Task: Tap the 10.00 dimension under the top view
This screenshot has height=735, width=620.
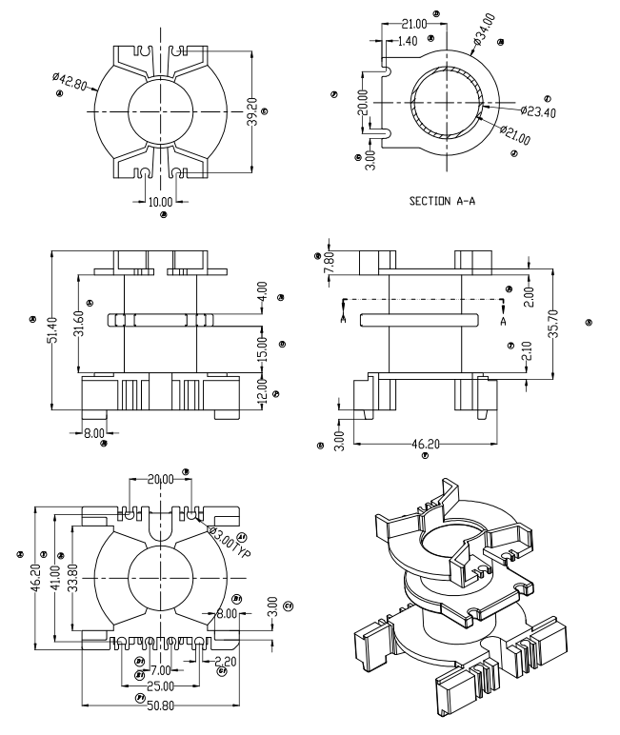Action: pos(161,201)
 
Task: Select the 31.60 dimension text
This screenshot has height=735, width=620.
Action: pos(79,324)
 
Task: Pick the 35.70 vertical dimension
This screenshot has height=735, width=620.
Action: pos(570,326)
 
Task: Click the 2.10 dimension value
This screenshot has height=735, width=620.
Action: pos(526,363)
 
